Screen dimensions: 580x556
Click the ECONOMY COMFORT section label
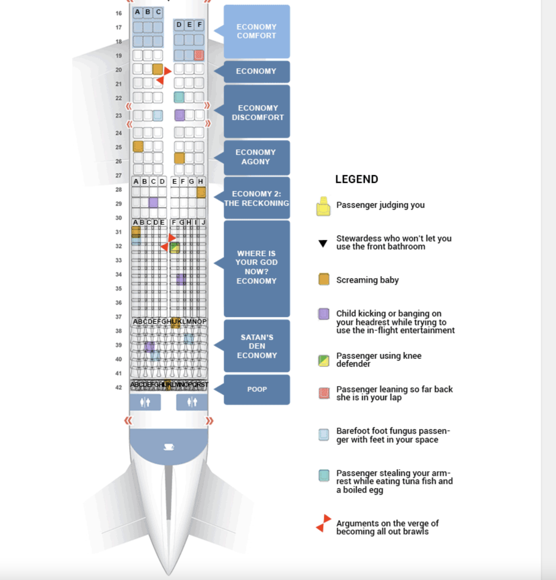point(257,31)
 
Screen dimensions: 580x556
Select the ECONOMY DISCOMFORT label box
point(257,112)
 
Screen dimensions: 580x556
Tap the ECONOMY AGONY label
point(256,157)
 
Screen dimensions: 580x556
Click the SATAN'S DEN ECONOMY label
point(257,346)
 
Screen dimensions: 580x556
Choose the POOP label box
point(257,389)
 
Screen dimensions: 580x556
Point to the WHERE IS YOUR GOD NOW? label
point(257,267)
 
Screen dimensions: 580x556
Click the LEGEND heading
point(357,179)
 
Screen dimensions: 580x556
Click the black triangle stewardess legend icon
point(323,243)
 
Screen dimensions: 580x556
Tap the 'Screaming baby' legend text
point(367,280)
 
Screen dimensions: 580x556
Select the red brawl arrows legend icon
point(323,523)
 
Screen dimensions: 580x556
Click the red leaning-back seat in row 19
point(199,55)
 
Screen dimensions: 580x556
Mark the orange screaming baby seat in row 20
point(157,69)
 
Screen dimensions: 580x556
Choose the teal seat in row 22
point(179,97)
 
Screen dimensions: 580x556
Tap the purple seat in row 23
point(180,115)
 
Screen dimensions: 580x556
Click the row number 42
point(119,388)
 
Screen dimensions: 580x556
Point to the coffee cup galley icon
point(169,447)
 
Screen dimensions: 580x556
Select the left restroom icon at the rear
point(145,402)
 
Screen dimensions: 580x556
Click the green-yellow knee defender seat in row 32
point(175,248)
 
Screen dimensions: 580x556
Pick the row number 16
point(119,13)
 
